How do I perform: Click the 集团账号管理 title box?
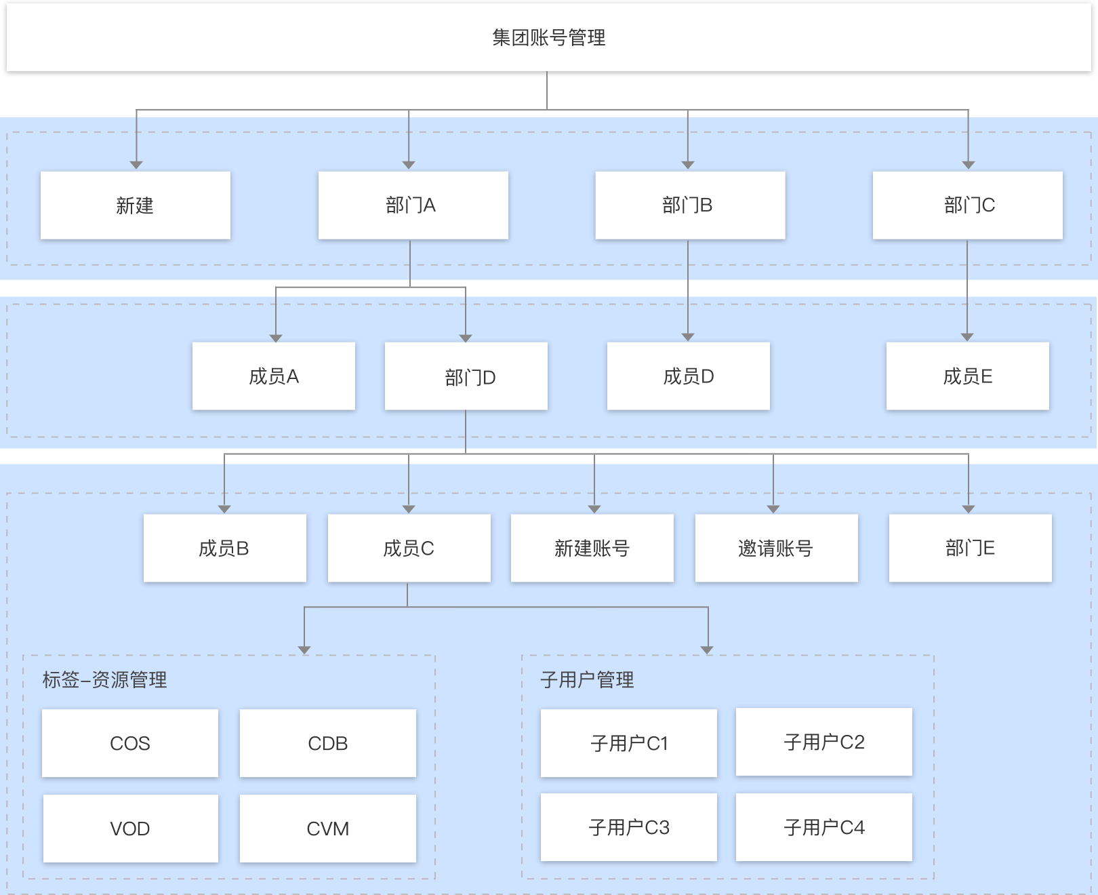coord(548,37)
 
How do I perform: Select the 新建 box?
coord(136,205)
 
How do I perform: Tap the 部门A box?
coord(413,205)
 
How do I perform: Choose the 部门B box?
coord(690,205)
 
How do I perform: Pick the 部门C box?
coord(967,205)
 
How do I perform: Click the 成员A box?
coord(273,376)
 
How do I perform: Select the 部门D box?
coord(466,376)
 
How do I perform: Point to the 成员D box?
coord(688,376)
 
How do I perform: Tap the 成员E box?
coord(967,376)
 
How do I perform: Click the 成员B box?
coord(224,548)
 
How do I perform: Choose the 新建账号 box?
coord(592,548)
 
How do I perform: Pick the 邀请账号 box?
coord(776,548)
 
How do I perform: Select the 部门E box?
coord(970,548)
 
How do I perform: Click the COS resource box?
coord(129,743)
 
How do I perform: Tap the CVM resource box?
coord(327,829)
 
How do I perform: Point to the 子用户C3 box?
coord(628,827)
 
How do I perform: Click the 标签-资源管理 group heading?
coord(104,679)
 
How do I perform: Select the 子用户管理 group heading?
coord(587,679)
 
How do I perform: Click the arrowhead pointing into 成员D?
coord(688,337)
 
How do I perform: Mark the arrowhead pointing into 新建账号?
coord(594,509)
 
